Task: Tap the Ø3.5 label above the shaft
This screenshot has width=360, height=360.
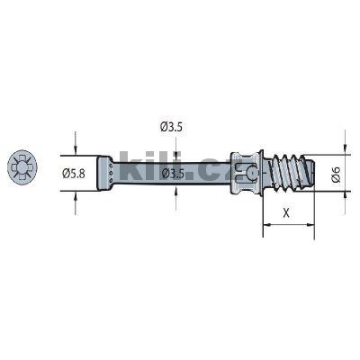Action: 172,128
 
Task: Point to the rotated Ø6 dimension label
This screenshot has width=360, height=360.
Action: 336,175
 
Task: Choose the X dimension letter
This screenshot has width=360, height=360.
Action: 285,213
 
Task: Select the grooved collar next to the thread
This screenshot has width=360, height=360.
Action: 244,170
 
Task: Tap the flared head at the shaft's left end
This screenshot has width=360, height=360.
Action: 105,170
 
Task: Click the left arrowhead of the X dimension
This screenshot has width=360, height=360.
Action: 266,225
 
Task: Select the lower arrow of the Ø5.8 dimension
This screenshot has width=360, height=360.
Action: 76,191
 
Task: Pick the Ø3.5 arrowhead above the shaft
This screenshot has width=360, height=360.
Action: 172,156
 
